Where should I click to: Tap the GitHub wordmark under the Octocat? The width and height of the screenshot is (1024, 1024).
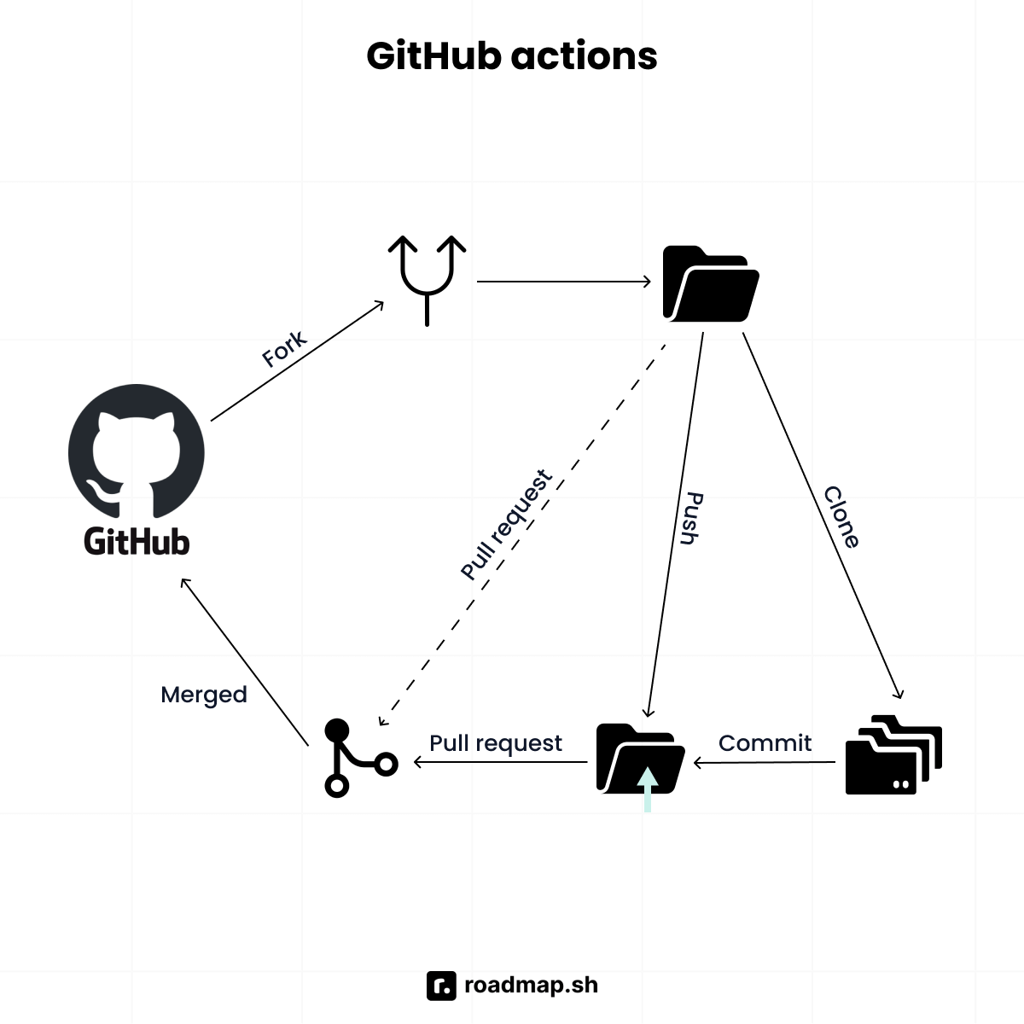(x=137, y=541)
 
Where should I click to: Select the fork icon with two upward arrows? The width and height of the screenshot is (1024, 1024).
(x=427, y=278)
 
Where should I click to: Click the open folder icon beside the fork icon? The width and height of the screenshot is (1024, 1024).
(x=710, y=283)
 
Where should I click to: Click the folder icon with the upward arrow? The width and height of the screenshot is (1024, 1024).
(x=640, y=759)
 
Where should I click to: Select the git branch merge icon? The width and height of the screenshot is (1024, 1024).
(x=357, y=758)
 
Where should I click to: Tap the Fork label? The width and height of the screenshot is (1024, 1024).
(x=284, y=350)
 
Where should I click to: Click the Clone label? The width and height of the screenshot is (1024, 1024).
(x=841, y=517)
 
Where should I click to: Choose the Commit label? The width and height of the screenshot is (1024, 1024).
(x=765, y=742)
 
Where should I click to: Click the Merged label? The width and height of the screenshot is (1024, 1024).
(x=204, y=695)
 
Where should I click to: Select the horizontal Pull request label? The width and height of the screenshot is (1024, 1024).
(x=496, y=743)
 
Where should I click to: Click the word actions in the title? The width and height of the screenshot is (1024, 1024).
(x=585, y=56)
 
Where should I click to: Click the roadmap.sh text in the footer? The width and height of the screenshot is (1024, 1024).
(x=531, y=985)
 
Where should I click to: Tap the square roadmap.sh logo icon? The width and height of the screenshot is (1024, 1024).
(x=441, y=986)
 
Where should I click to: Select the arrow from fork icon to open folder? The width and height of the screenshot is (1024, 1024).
(x=563, y=282)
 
